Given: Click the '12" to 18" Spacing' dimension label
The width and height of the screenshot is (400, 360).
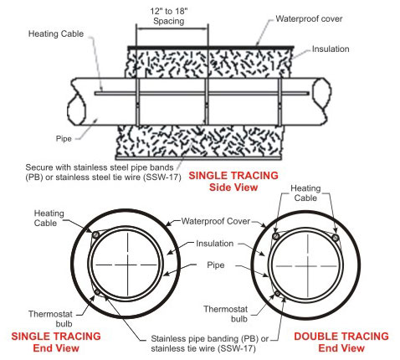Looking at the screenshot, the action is click(x=169, y=16).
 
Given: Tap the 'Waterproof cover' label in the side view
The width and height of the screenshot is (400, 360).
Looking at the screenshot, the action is click(x=309, y=18).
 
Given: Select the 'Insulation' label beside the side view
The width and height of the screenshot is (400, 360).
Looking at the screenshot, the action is click(x=331, y=49).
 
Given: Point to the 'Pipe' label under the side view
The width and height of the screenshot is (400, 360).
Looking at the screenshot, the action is click(x=64, y=139).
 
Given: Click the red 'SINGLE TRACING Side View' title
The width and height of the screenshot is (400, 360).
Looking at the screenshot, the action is click(x=233, y=181).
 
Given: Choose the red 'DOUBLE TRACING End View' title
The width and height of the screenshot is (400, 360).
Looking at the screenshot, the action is click(x=341, y=342).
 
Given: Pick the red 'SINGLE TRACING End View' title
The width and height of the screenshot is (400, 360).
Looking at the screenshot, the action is click(x=56, y=342).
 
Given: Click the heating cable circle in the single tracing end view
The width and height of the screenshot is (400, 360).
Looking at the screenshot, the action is click(x=95, y=234).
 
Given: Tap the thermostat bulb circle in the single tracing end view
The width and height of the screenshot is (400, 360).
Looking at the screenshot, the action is click(x=98, y=292).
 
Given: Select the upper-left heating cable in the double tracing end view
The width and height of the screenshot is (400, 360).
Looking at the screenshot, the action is click(x=276, y=237).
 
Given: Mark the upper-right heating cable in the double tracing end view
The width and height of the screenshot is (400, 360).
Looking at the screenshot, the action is click(x=336, y=238).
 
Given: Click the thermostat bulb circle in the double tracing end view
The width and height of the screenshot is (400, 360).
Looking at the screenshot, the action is click(x=278, y=293).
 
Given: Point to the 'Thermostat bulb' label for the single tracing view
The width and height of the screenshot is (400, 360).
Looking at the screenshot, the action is click(x=50, y=319).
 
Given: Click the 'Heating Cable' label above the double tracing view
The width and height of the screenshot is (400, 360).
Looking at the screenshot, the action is click(x=305, y=193).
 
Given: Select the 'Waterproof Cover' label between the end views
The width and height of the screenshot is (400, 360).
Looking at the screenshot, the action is click(x=216, y=221).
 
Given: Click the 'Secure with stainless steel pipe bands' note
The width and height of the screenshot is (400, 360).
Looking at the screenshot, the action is click(x=100, y=167).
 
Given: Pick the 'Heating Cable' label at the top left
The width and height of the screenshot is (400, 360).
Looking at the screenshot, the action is click(x=56, y=33).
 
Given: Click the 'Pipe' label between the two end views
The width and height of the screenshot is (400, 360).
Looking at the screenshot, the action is click(x=216, y=265).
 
